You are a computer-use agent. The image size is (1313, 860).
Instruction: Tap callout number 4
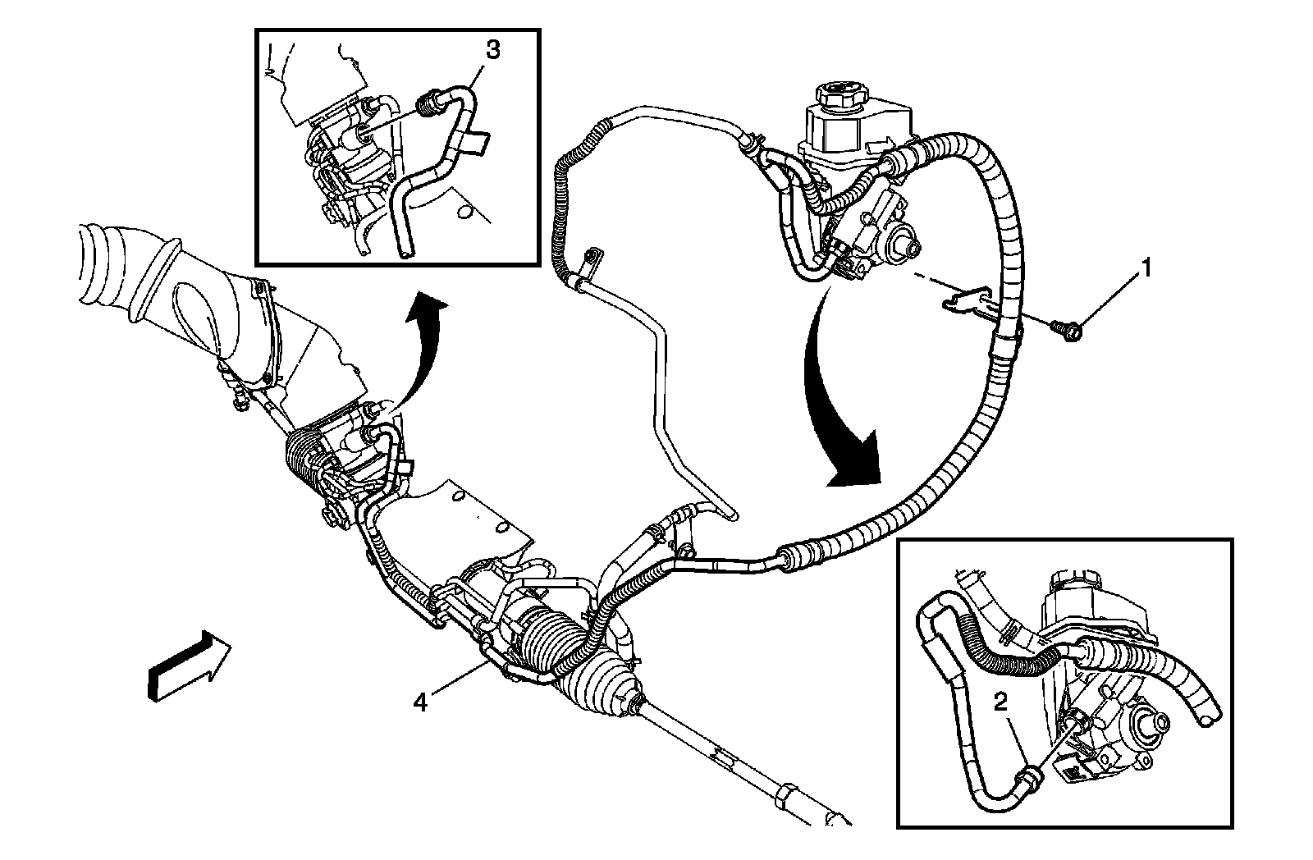420,703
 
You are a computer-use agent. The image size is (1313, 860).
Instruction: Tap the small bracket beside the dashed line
971,300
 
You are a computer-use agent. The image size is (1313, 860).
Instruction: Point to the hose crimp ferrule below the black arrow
789,559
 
